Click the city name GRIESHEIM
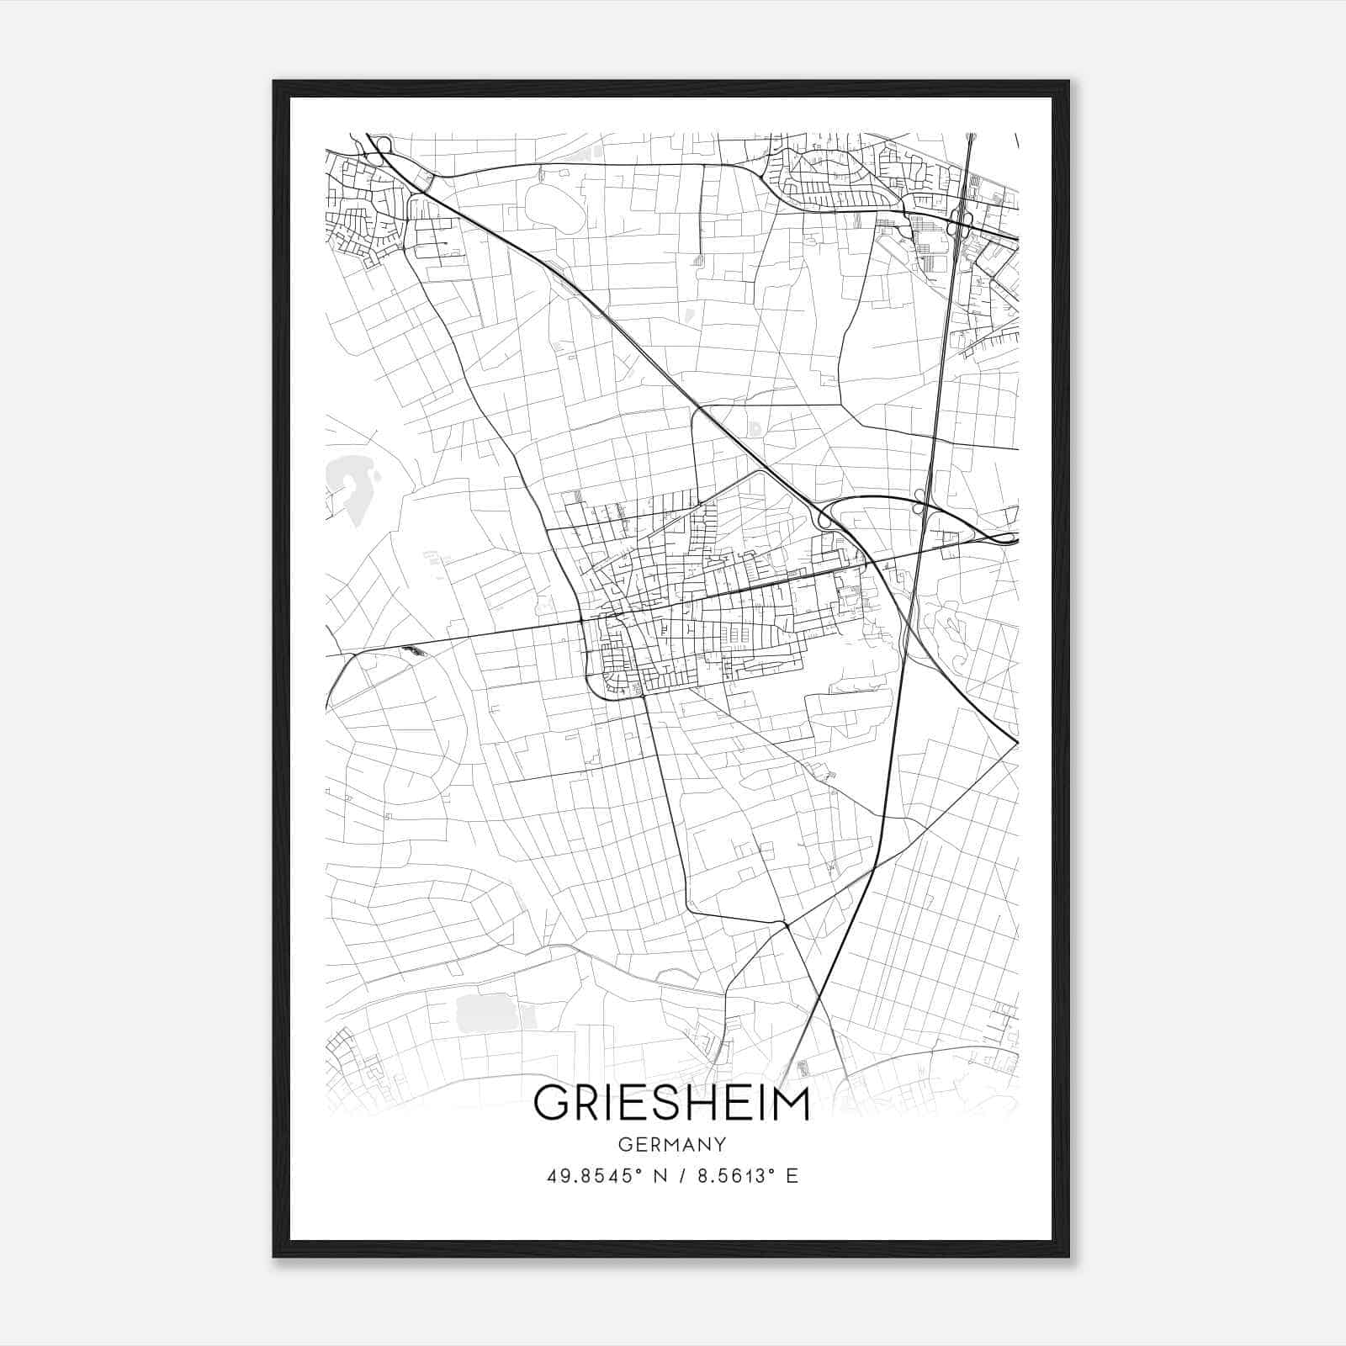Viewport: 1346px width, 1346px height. click(x=671, y=1103)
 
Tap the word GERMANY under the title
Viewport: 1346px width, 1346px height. click(x=671, y=1145)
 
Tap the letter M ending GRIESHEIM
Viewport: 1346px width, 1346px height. click(x=790, y=1103)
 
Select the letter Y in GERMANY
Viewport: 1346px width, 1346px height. click(x=719, y=1145)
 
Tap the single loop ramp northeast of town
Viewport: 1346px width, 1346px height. click(x=824, y=521)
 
